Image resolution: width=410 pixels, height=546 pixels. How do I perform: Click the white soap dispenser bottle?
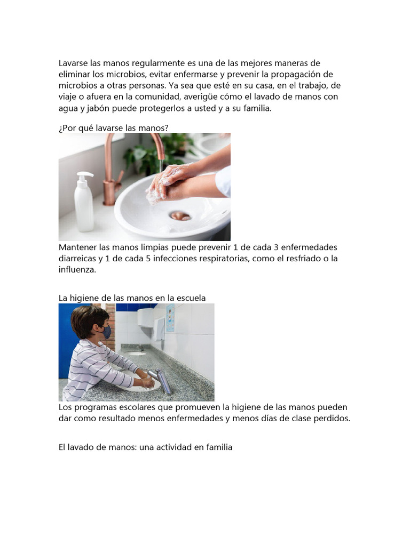(84, 203)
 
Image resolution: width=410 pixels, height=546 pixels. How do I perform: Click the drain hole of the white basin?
(180, 215)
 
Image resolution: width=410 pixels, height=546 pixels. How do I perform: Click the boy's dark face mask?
(107, 332)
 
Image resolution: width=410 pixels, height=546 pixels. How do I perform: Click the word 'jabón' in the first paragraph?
(98, 108)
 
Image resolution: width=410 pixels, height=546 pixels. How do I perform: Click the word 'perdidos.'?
(332, 419)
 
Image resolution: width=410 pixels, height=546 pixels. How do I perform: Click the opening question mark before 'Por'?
(60, 127)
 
